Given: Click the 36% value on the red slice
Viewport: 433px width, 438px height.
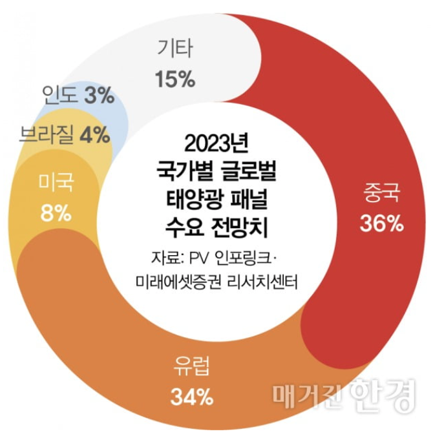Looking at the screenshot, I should click(x=381, y=224).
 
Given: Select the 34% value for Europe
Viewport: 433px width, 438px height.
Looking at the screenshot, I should click(x=192, y=397).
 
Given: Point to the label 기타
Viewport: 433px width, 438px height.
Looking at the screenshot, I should click(x=175, y=49).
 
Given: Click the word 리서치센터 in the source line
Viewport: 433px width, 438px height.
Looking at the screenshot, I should click(x=263, y=282).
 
